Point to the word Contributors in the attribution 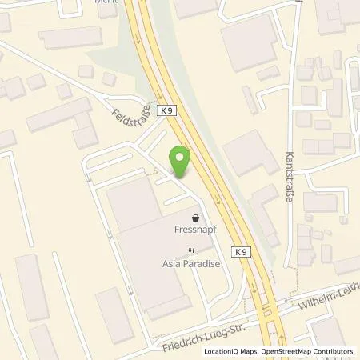coord(335,350)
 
